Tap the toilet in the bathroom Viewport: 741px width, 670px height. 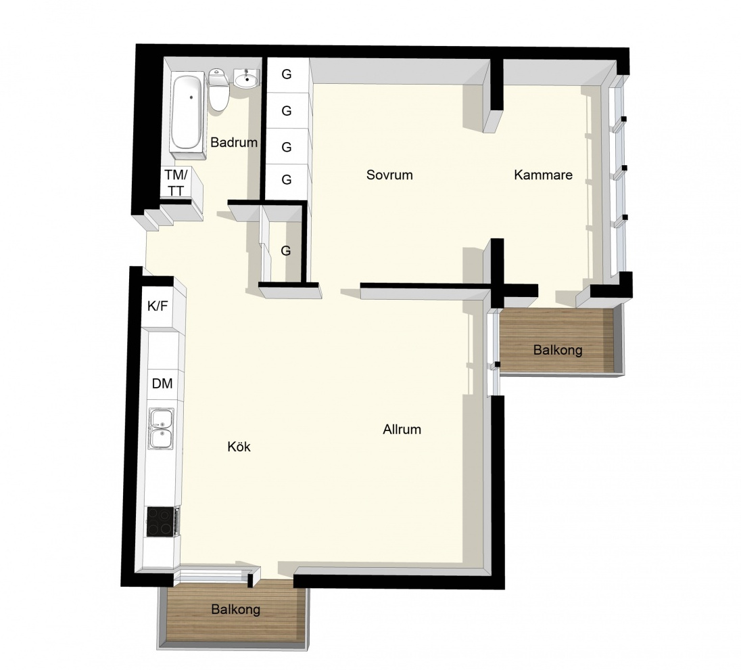coord(219,90)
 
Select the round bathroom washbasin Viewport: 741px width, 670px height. coord(246,79)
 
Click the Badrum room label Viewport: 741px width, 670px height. coord(234,142)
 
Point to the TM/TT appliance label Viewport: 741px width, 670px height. coord(176,182)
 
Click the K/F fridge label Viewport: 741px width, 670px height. coord(158,306)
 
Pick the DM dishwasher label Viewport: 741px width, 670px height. coord(162,383)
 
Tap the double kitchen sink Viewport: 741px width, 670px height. coord(161,428)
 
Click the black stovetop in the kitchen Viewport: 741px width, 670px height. coord(161,521)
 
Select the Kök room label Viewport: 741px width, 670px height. coord(239,447)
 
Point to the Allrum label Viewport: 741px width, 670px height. coord(402,429)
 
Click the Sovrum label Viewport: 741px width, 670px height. coord(389,175)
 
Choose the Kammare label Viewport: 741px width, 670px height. coord(543,175)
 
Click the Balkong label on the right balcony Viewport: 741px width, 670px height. coord(558,350)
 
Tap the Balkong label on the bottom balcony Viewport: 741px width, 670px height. coord(236,609)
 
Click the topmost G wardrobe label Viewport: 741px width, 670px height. coord(287,74)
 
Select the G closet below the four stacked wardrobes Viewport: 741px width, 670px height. coord(286,250)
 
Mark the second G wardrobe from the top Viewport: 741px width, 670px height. coord(287,110)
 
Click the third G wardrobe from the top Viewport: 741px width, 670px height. coord(287,147)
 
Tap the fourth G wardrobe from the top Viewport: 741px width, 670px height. coord(287,179)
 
